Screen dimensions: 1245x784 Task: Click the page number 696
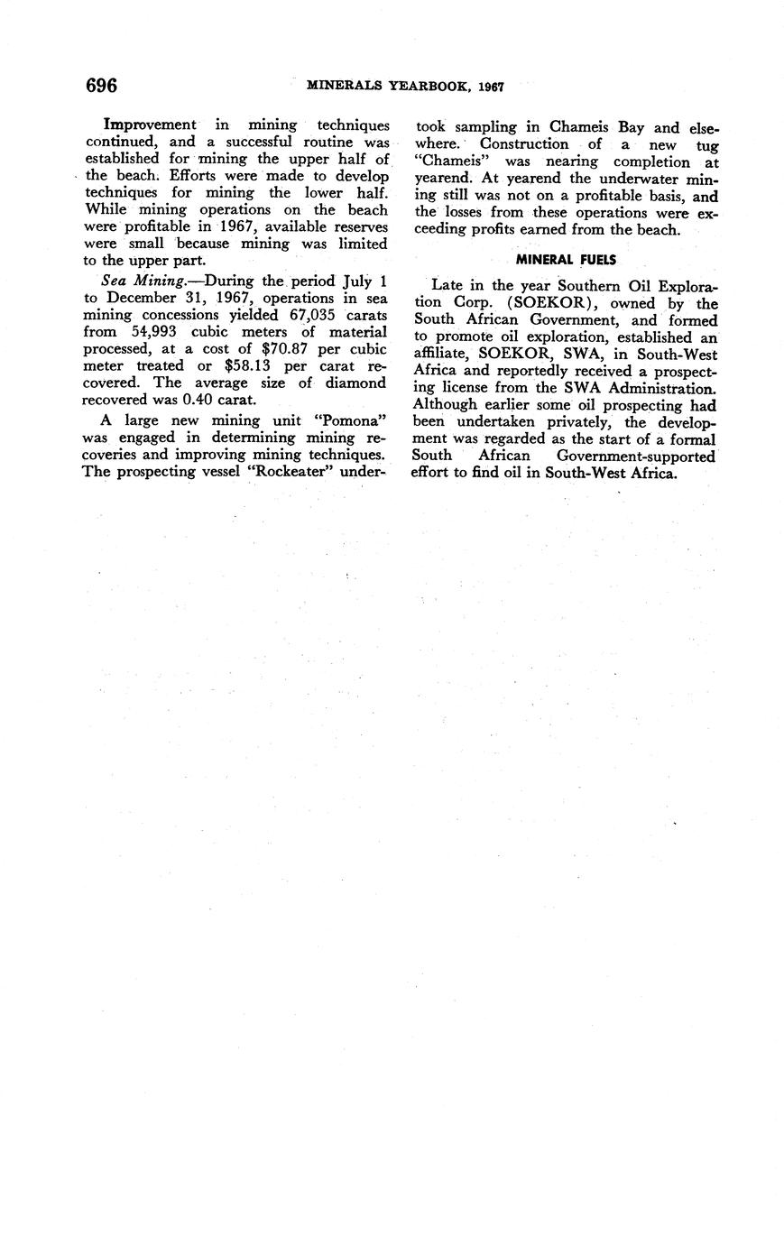pos(101,86)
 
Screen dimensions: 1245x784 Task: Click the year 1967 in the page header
pos(491,88)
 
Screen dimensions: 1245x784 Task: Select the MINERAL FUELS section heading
pos(566,260)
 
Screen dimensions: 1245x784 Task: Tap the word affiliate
pos(444,355)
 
